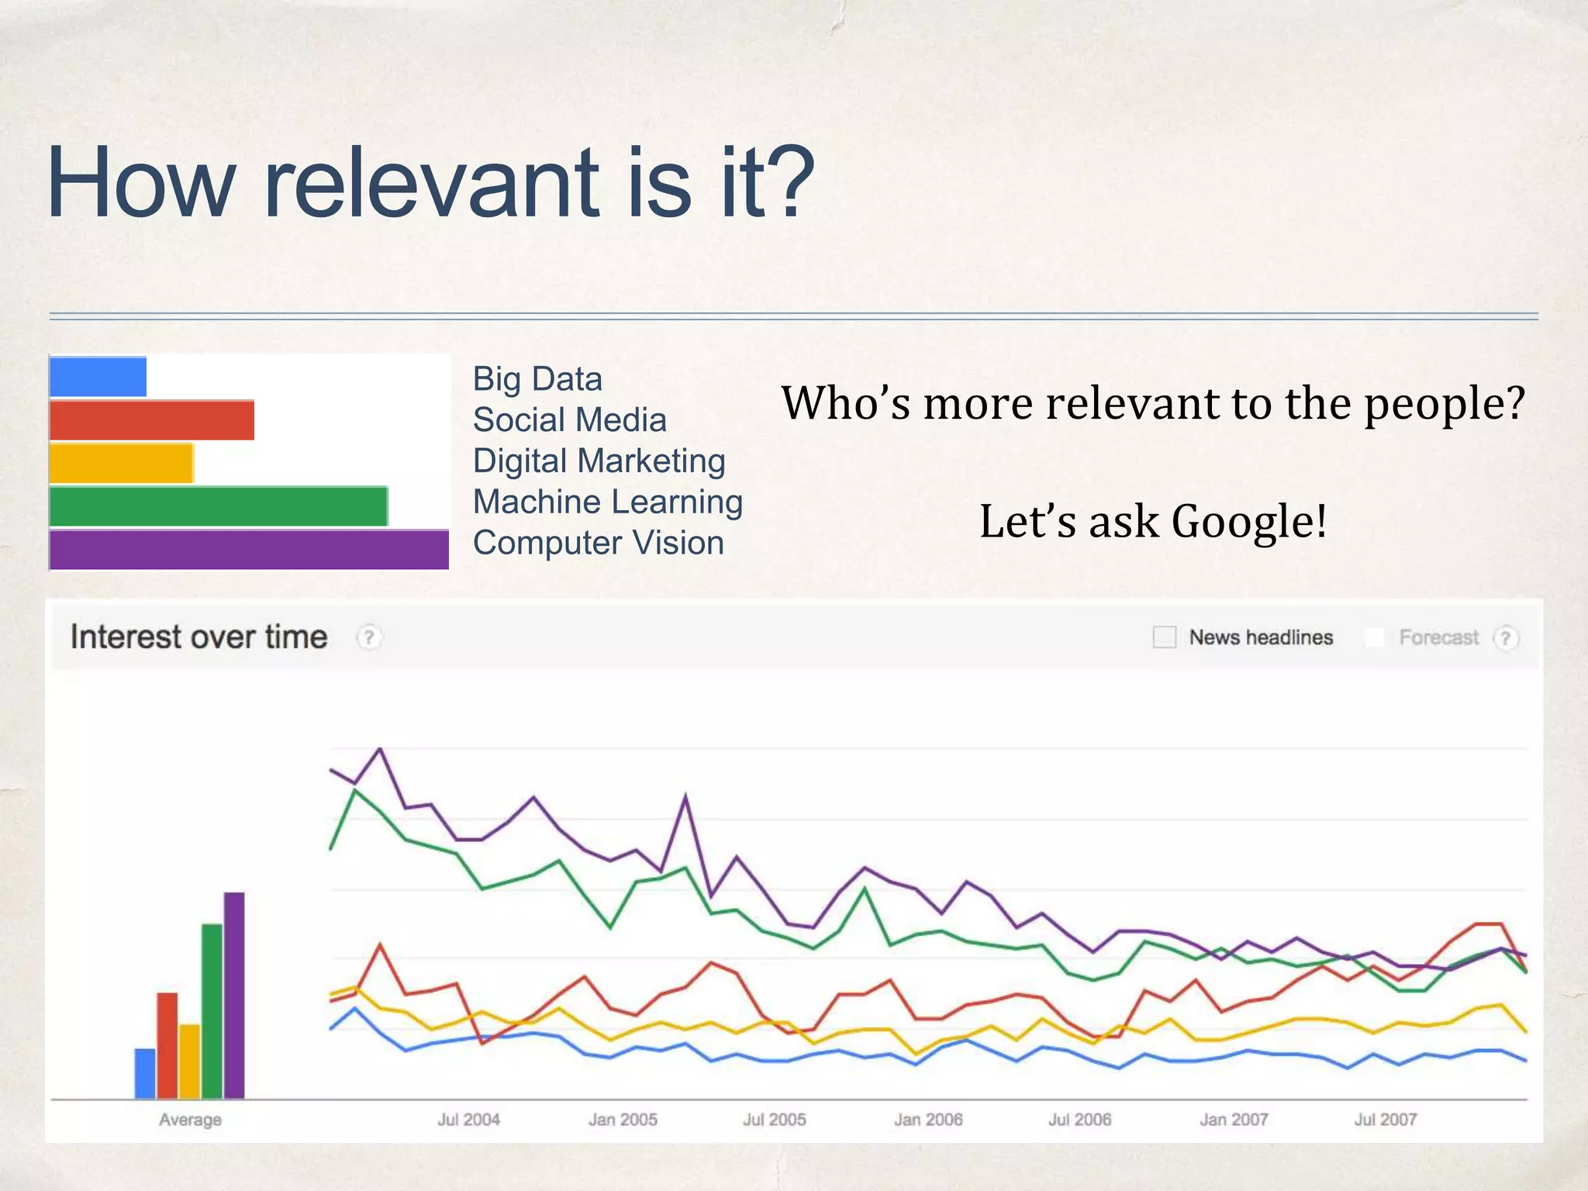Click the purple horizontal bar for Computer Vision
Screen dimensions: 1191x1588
pyautogui.click(x=248, y=550)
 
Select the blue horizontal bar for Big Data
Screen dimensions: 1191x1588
pyautogui.click(x=98, y=377)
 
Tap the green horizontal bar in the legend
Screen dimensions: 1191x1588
pyautogui.click(x=218, y=506)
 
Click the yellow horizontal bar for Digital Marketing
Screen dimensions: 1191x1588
pyautogui.click(x=121, y=463)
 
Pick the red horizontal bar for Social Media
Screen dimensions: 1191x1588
pyautogui.click(x=152, y=420)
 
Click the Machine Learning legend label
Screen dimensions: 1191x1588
pyautogui.click(x=608, y=502)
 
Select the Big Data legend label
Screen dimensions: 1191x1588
pyautogui.click(x=537, y=379)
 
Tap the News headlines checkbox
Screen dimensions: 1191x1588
pyautogui.click(x=1164, y=637)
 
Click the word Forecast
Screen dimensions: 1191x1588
pyautogui.click(x=1438, y=637)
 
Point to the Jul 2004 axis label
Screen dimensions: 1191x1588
pyautogui.click(x=468, y=1120)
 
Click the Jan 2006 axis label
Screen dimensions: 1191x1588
pyautogui.click(x=928, y=1120)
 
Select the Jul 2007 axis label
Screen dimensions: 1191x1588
pyautogui.click(x=1385, y=1120)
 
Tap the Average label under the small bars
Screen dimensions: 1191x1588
pyautogui.click(x=190, y=1120)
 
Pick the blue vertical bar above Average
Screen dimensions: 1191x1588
pyautogui.click(x=145, y=1073)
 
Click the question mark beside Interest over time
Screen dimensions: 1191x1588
pyautogui.click(x=369, y=637)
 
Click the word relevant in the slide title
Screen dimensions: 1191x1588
pyautogui.click(x=433, y=185)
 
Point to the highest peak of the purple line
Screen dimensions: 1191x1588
pyautogui.click(x=380, y=749)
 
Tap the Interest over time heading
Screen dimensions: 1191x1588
pyautogui.click(x=198, y=637)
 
